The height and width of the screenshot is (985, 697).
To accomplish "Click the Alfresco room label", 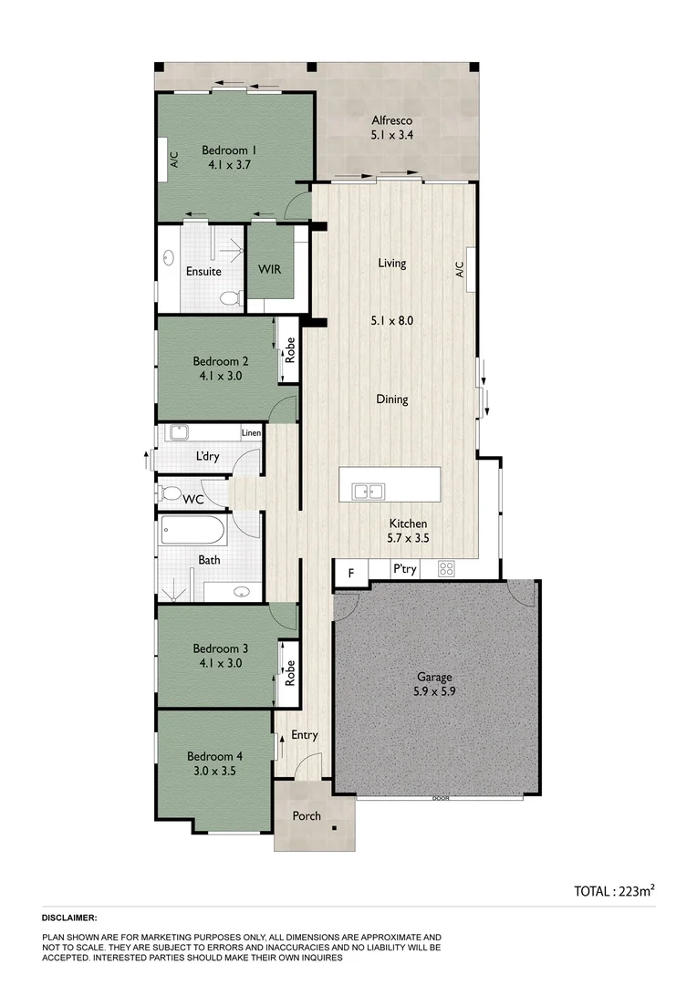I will tap(391, 120).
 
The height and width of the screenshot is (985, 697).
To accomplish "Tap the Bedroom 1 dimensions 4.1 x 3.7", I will tap(229, 166).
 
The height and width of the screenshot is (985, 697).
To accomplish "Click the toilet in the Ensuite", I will tap(233, 298).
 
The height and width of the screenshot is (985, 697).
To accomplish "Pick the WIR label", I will tap(269, 271).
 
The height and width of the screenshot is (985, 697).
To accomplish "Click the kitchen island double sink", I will tap(369, 492).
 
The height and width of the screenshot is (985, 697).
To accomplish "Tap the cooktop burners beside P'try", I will tap(446, 569).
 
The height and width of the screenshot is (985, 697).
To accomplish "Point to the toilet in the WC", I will tap(170, 494).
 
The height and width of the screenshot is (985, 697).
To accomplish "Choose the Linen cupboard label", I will tap(251, 433).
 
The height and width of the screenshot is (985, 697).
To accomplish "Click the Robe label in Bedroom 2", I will tap(290, 351).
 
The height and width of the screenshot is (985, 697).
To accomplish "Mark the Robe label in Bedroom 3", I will tap(290, 672).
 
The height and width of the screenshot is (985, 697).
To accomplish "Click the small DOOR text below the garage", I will tap(441, 799).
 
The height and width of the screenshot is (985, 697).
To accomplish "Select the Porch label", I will tap(307, 815).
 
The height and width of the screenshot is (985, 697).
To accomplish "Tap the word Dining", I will tap(391, 399).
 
